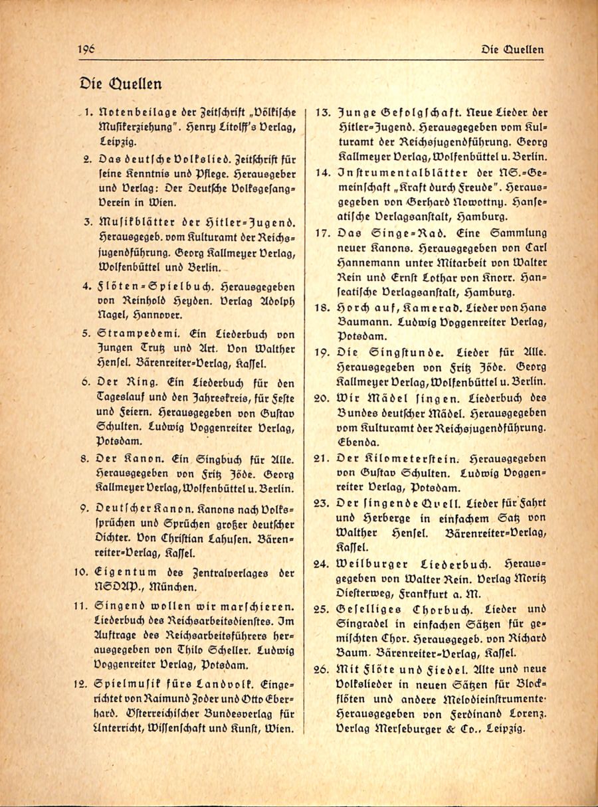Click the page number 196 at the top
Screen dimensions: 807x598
(x=86, y=48)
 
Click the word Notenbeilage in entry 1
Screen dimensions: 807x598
(x=136, y=114)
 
